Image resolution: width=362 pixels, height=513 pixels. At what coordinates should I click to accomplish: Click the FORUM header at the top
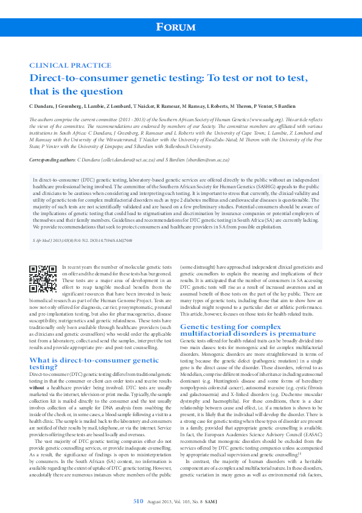(181, 27)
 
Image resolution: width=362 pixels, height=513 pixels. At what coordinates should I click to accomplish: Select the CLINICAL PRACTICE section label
(62, 65)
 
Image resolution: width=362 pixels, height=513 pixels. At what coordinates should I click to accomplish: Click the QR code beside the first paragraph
(43, 280)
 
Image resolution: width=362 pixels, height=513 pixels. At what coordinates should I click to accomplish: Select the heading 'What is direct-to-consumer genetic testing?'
(94, 364)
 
